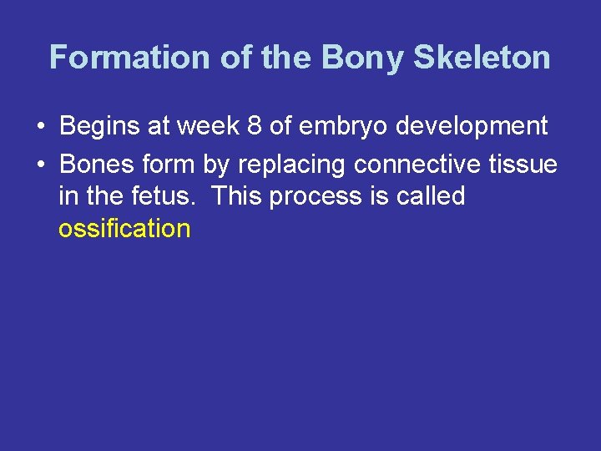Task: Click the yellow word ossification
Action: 124,228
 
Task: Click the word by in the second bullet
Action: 215,165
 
